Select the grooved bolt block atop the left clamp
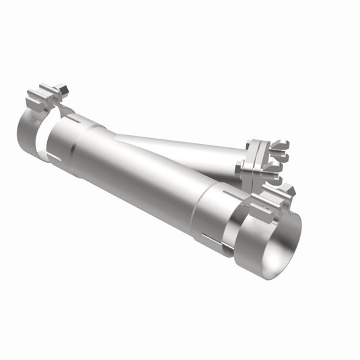click(x=42, y=98)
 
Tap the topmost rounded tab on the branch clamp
click(x=283, y=144)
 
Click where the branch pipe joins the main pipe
click(x=121, y=139)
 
